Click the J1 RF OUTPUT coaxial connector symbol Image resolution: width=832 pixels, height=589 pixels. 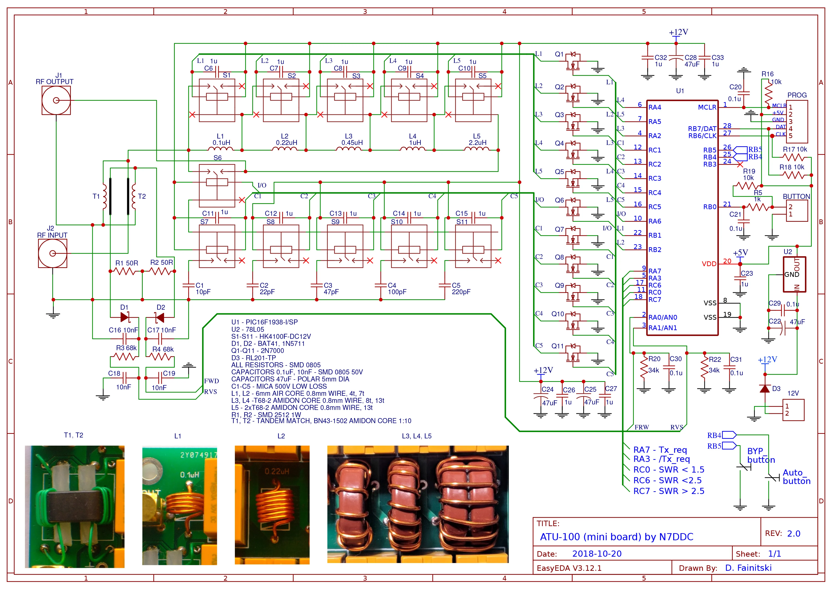point(56,100)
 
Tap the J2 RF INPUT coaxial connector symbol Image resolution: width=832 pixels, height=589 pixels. point(53,254)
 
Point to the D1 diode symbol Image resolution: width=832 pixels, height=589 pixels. point(125,318)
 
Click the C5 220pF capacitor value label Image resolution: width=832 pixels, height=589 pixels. point(461,292)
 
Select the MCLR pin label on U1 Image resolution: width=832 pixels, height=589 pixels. point(707,107)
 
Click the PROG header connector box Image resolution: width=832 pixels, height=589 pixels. point(797,121)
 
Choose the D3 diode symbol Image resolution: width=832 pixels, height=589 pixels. point(765,389)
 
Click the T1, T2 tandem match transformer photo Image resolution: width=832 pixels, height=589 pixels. point(75,507)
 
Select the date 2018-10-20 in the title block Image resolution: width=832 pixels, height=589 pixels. point(597,554)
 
